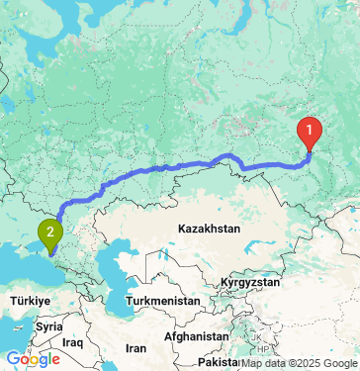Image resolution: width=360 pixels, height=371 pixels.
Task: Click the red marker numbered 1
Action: [310, 131]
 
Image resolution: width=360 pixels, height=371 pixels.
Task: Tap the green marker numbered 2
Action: [49, 234]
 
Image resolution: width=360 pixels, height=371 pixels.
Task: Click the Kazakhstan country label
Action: [210, 229]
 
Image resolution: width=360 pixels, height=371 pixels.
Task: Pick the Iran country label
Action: [136, 349]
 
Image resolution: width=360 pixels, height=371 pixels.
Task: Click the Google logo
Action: [33, 359]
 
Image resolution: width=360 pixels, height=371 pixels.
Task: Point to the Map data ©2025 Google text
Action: [299, 363]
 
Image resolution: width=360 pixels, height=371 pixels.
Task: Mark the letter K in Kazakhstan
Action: [182, 229]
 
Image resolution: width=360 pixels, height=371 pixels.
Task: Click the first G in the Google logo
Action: [13, 359]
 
